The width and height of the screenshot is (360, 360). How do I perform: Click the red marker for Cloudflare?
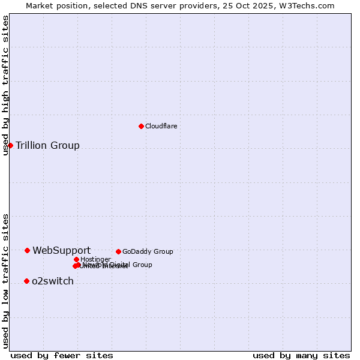[141, 126]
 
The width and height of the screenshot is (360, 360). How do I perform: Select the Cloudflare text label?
[161, 126]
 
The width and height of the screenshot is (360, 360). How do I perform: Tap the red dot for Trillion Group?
[10, 145]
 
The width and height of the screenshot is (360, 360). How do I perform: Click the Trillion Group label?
[47, 145]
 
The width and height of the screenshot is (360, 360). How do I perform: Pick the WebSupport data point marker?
[27, 250]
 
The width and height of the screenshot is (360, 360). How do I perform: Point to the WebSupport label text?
[61, 250]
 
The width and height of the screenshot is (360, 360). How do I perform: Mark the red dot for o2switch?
[26, 281]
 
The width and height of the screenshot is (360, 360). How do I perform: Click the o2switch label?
[52, 281]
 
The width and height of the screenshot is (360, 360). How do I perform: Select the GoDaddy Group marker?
[118, 251]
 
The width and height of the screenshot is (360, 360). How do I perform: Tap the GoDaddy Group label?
[148, 251]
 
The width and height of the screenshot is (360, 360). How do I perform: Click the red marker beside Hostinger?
[76, 259]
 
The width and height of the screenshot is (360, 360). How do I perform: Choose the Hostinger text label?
[95, 259]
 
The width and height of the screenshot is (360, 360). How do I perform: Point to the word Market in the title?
[39, 5]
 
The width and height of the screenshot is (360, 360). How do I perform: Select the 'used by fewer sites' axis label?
[62, 355]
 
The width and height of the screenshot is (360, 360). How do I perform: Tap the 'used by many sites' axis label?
[301, 355]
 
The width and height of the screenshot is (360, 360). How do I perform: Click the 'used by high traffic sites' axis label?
[5, 85]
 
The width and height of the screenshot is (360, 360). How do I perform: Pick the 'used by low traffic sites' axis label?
[5, 280]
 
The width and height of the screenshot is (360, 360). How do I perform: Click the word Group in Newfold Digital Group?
[142, 265]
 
